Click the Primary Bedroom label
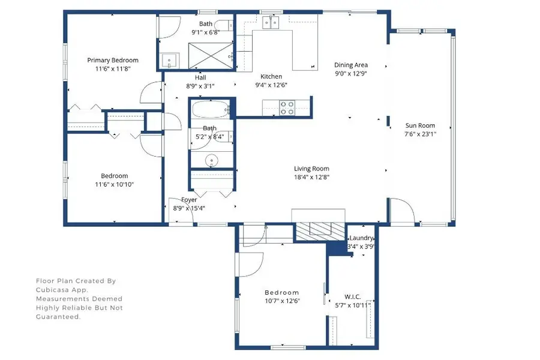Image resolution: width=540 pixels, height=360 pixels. click(113, 60)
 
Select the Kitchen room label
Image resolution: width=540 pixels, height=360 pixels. click(271, 76)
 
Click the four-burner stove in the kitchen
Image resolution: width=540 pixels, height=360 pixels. click(287, 107)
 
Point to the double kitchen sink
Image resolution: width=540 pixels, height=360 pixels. click(271, 23)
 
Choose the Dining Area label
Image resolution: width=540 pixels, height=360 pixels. click(351, 65)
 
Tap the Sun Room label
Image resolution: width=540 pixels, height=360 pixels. click(420, 125)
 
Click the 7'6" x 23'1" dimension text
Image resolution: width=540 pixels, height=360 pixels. click(420, 134)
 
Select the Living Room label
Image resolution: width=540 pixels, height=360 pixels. click(311, 169)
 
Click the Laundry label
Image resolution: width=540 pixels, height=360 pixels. click(362, 238)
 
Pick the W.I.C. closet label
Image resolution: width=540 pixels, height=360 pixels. click(352, 296)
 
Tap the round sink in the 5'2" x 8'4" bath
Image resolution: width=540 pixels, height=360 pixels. click(211, 160)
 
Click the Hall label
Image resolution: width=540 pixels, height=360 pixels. click(200, 77)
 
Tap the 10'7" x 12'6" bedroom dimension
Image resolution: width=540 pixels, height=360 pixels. click(282, 301)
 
